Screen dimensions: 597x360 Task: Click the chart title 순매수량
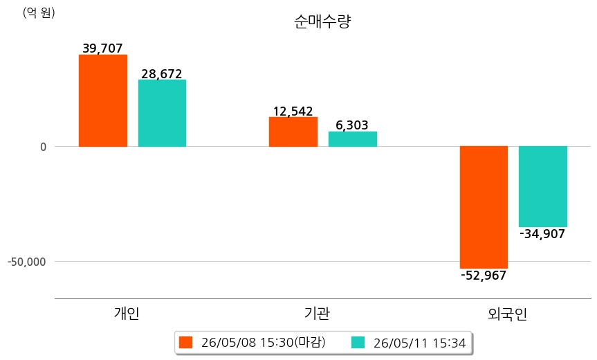[322, 21]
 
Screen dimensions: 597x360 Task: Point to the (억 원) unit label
[39, 13]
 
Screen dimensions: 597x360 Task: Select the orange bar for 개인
[103, 100]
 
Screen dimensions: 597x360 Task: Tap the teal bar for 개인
[162, 113]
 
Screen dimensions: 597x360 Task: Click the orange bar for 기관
[293, 132]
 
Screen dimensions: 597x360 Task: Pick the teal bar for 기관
[353, 139]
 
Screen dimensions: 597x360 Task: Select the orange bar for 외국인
[484, 207]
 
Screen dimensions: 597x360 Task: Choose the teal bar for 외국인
[543, 187]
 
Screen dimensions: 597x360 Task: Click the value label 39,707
[103, 48]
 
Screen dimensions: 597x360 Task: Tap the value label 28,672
[162, 73]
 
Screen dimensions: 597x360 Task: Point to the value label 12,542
[293, 111]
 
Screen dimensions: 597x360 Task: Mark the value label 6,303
[352, 125]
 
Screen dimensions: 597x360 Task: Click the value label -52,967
[484, 275]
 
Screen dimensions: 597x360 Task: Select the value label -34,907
[542, 233]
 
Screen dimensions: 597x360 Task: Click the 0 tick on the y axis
[44, 147]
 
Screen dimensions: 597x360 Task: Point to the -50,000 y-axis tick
[27, 262]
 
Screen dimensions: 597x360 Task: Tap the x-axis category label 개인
[127, 313]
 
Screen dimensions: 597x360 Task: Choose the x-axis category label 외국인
[508, 314]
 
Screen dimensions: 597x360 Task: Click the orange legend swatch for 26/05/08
[186, 343]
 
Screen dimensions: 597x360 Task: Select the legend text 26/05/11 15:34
[420, 343]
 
